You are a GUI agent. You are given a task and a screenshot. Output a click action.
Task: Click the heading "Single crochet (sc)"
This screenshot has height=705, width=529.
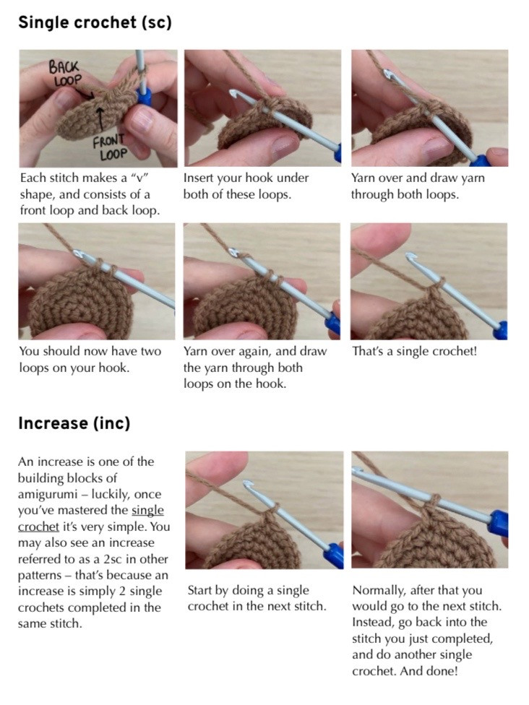tap(95, 22)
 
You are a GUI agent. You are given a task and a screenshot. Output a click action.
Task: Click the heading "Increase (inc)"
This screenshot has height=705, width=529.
tap(74, 423)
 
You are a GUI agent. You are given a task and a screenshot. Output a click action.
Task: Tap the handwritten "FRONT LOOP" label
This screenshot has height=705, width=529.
tap(110, 146)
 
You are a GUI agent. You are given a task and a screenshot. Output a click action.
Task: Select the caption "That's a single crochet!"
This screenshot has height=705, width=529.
tap(414, 352)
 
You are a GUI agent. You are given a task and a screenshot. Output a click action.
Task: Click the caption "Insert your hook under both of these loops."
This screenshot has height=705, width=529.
tap(246, 186)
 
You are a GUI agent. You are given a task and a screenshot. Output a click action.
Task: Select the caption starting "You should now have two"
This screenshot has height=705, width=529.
tap(90, 359)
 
